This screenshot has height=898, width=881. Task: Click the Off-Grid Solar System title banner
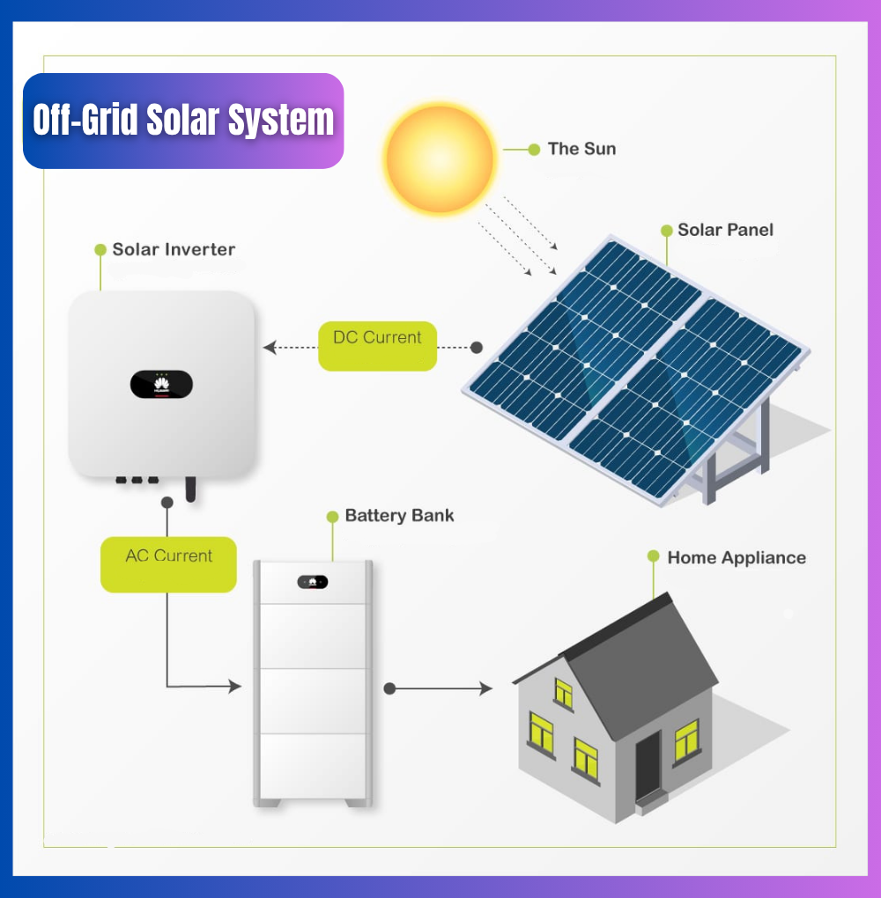(183, 121)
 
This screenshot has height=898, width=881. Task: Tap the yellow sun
(440, 158)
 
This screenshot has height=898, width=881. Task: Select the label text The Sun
(581, 149)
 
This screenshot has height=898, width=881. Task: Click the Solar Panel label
(725, 230)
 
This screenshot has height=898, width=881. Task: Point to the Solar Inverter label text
(174, 249)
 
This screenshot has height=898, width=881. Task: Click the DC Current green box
(377, 345)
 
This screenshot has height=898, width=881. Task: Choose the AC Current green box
(168, 563)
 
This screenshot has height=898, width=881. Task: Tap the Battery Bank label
(399, 515)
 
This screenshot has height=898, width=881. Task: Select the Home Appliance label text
(736, 557)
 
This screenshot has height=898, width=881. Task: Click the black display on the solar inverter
(161, 385)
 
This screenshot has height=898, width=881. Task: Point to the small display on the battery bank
(313, 581)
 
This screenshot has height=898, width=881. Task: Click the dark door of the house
(648, 764)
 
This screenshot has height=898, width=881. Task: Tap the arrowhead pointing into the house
(486, 688)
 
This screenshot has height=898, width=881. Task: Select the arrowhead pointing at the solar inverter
(269, 348)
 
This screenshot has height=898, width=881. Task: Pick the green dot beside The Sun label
(533, 150)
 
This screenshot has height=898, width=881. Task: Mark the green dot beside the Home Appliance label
(653, 556)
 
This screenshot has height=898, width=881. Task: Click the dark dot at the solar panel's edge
(477, 348)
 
